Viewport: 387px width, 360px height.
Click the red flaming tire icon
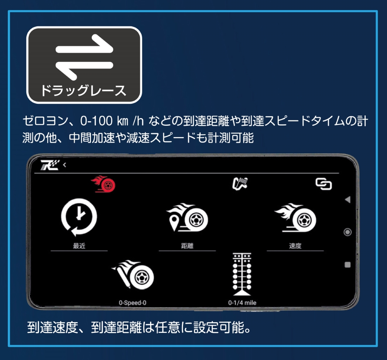[x=103, y=184]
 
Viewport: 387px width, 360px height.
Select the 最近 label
[x=79, y=246]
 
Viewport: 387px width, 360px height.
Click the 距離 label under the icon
[x=187, y=246]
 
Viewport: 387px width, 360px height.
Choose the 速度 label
[x=295, y=246]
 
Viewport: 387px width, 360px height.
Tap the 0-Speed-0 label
[x=132, y=303]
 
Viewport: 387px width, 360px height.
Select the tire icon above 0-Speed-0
[x=133, y=274]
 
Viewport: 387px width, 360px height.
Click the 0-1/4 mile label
[x=242, y=303]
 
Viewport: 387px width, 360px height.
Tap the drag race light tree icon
[x=242, y=274]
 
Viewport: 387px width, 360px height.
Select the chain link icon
[x=324, y=184]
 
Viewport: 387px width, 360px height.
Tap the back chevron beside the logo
[x=65, y=165]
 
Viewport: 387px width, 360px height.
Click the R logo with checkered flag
[x=50, y=165]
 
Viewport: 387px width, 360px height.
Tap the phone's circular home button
[x=348, y=232]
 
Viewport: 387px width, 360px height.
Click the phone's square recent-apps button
[x=348, y=265]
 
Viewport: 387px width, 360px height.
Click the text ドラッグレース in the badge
[x=84, y=90]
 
